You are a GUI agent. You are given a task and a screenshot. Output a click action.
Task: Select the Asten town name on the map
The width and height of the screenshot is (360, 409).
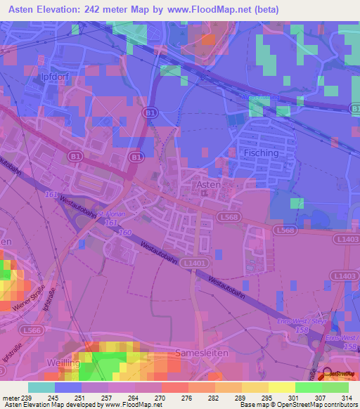pyautogui.click(x=207, y=184)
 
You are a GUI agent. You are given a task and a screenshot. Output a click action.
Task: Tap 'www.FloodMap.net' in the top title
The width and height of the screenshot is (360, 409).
pyautogui.click(x=215, y=10)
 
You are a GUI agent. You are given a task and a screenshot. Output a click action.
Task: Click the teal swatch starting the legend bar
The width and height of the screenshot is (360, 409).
pyautogui.click(x=41, y=387)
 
